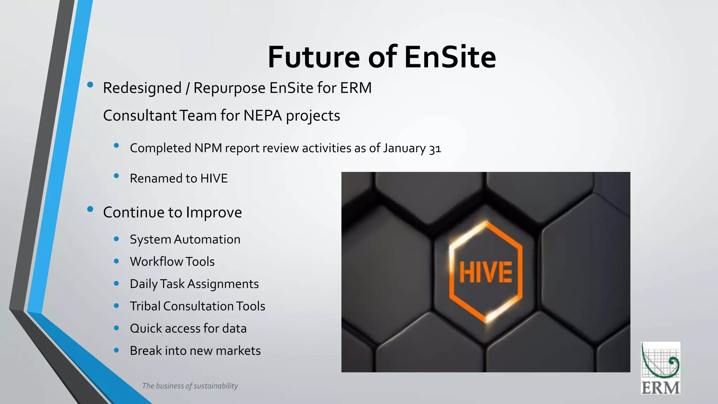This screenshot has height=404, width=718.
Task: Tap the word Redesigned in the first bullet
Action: [142, 88]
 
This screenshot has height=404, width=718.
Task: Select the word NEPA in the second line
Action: [263, 116]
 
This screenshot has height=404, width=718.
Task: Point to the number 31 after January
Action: [435, 149]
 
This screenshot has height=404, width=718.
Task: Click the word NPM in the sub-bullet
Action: [208, 148]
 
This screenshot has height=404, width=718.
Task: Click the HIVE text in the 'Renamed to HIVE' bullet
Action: [214, 179]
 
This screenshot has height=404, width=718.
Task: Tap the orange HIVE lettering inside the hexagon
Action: [486, 272]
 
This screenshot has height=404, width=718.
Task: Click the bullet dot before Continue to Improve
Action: [90, 209]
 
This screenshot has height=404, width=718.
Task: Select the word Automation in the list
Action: [207, 240]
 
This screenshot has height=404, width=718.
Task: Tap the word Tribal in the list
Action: [145, 306]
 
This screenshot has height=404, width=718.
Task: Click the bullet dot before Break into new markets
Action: [116, 350]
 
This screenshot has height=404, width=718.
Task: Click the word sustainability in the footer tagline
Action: [216, 386]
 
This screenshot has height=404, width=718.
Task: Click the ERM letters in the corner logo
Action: [661, 388]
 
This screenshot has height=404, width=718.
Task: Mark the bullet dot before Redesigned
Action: [90, 85]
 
